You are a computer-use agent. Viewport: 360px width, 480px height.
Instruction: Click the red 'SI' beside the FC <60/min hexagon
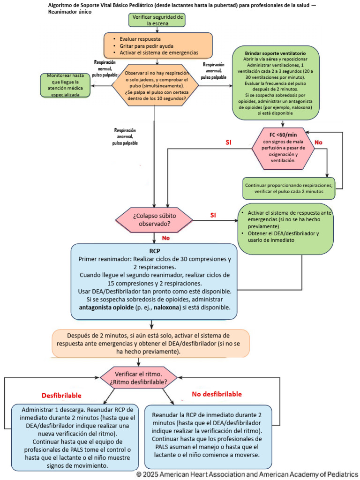tap(229, 141)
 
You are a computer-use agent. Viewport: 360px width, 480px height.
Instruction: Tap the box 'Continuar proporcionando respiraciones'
tap(289, 188)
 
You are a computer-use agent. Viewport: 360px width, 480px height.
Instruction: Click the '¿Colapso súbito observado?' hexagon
tap(154, 220)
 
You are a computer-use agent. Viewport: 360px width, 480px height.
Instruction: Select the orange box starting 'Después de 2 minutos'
tap(151, 344)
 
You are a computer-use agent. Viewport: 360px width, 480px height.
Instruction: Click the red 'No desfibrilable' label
tap(217, 394)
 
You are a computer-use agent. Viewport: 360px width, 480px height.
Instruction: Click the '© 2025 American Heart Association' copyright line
tap(247, 474)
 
